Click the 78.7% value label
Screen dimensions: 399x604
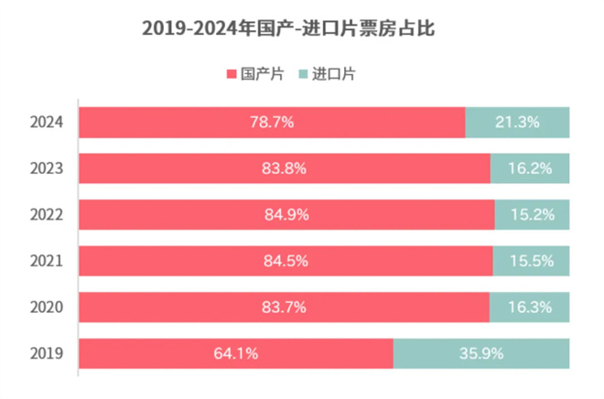tap(272, 122)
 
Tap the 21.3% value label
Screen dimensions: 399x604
tap(518, 122)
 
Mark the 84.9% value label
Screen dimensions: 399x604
tap(286, 215)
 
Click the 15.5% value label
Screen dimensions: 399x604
tap(532, 262)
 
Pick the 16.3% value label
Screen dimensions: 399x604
tap(530, 307)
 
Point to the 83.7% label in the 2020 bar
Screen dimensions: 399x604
tap(284, 307)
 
